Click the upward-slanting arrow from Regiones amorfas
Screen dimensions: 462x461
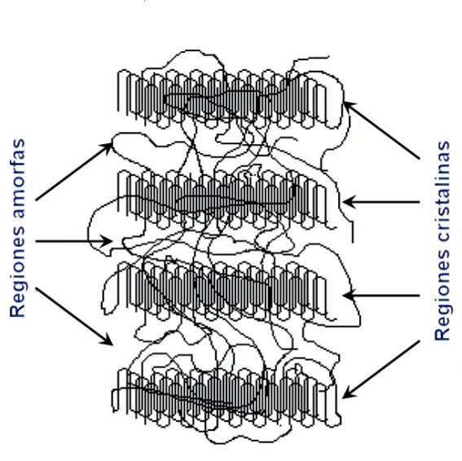click(73, 172)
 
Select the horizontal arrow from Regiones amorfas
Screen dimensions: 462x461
click(73, 241)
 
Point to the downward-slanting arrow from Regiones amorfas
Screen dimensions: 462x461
click(73, 316)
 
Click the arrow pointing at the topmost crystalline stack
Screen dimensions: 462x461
click(381, 130)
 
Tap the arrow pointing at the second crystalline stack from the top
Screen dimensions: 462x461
click(381, 202)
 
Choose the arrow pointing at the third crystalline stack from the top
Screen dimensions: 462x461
click(381, 295)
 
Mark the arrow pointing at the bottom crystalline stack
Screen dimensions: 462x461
click(381, 370)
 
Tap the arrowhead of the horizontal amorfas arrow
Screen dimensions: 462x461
click(107, 241)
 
